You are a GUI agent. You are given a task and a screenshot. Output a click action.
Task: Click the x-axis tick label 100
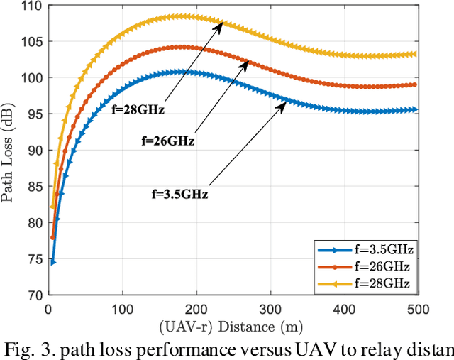pos(123,309)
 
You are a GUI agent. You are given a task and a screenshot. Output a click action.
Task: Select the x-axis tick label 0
pos(48,309)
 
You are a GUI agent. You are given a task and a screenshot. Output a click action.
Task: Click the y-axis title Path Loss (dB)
pos(10,151)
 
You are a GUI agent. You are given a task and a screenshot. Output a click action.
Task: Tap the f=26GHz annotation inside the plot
pos(168,141)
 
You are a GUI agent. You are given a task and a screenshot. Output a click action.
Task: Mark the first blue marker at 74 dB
pos(52,262)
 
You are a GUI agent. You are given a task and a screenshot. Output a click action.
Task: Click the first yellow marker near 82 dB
pos(52,207)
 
